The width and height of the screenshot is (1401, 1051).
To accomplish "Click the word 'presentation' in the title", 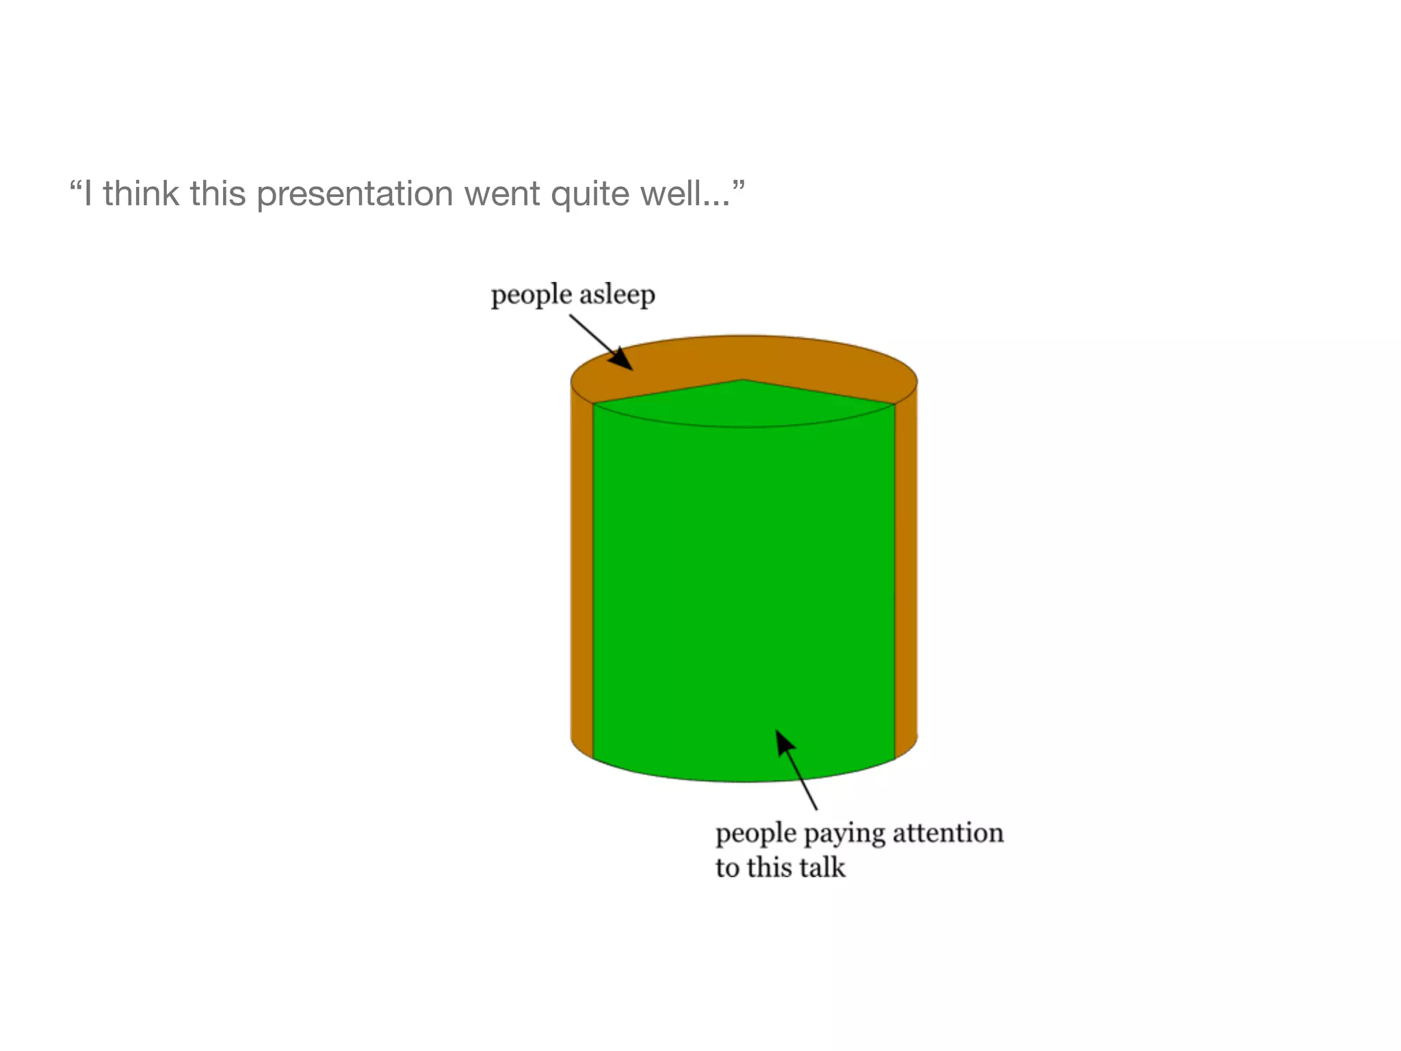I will tap(354, 194).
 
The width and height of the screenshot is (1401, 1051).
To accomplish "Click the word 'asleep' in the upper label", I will tap(616, 296).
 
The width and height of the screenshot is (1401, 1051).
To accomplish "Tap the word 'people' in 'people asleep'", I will tap(531, 296).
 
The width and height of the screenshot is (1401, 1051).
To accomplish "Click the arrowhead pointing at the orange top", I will tap(623, 360).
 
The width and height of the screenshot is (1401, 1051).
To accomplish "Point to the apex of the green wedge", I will tap(744, 380).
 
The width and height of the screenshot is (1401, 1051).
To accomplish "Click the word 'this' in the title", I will tap(218, 193).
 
